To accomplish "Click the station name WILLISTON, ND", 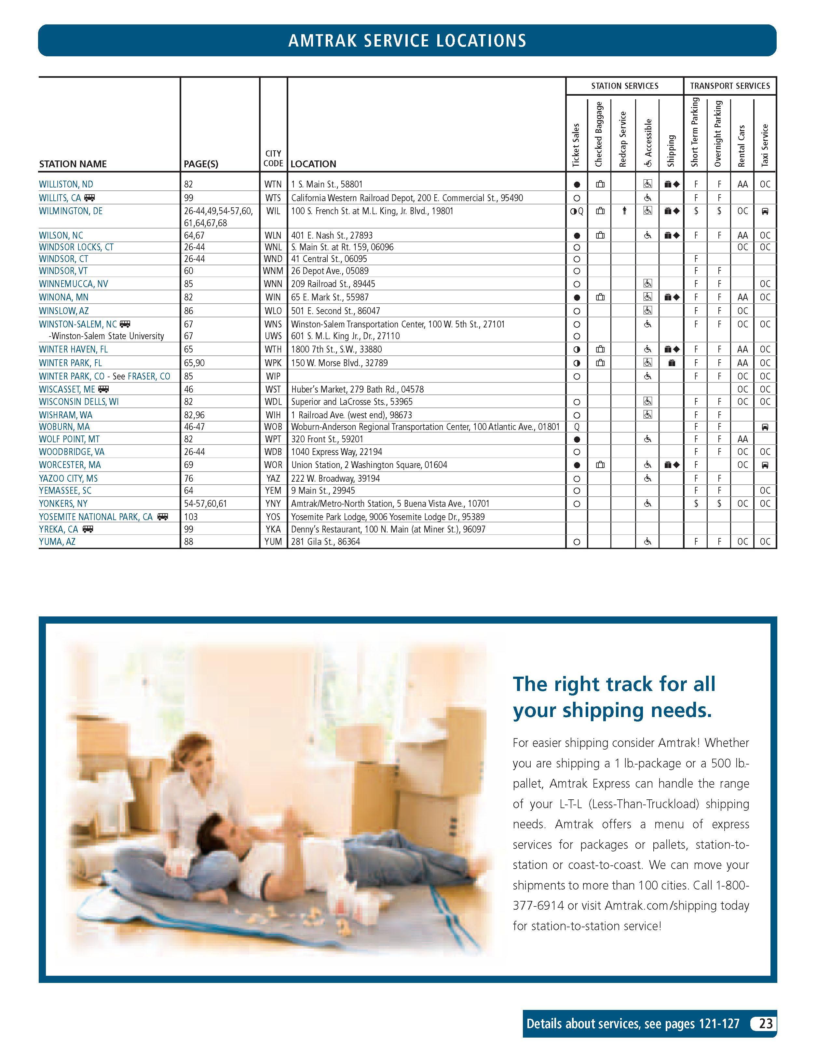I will [66, 184].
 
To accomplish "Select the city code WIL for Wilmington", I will [273, 211].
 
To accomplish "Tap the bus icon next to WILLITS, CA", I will [89, 198].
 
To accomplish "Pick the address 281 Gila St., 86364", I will [326, 542].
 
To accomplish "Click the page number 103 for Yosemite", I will [191, 517].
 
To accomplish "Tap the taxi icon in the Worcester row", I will [765, 465].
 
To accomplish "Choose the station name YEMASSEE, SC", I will [65, 490].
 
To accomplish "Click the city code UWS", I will [273, 336].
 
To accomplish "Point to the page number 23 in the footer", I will [766, 1024].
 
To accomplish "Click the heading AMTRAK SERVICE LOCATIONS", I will [407, 40].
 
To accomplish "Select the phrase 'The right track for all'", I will [614, 684].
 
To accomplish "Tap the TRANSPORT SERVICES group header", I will [729, 86].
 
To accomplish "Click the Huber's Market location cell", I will [357, 389].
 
